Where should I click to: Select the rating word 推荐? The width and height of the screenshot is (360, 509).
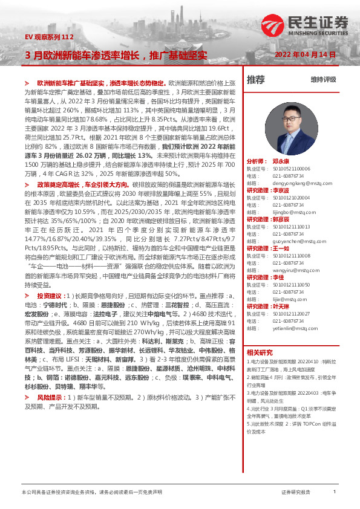255,80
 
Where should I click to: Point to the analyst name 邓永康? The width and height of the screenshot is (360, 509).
281,162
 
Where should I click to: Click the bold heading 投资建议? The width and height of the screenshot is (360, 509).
50,296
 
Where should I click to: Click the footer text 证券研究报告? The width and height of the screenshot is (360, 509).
296,493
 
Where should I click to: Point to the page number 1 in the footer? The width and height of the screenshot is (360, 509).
335,492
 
